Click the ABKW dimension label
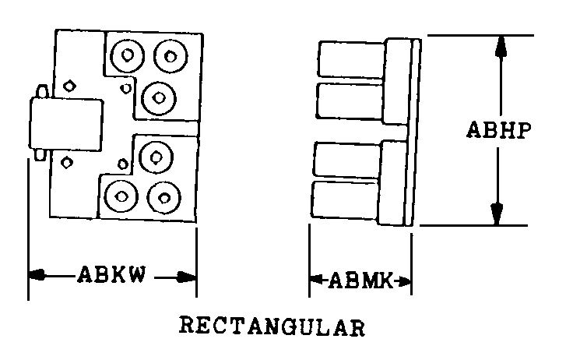111,276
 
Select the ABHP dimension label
499,129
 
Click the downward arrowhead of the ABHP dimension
497,212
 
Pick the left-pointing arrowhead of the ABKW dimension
38,275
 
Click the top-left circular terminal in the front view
127,55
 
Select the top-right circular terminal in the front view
168,55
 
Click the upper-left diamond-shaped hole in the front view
69,85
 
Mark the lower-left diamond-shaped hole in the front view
67,162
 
